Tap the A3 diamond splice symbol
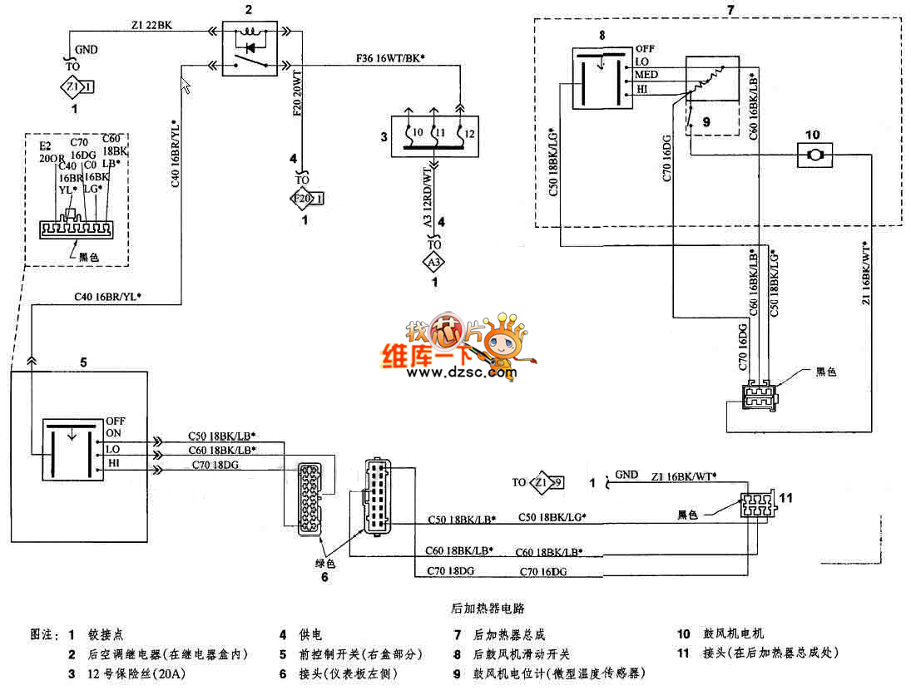(x=433, y=263)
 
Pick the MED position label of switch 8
(x=646, y=75)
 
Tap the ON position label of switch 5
(x=113, y=432)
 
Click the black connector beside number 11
(x=757, y=504)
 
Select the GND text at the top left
(x=86, y=50)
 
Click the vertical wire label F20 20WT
(x=297, y=96)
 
